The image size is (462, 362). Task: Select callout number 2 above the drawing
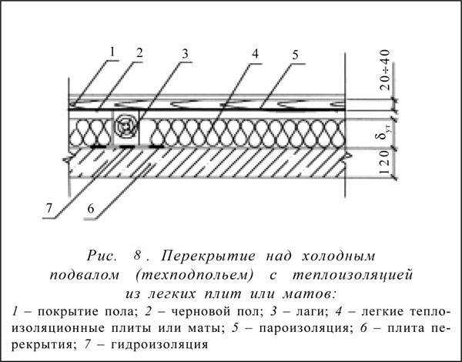point(139,53)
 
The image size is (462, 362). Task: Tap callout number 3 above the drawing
point(185,54)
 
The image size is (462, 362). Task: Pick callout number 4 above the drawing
point(255,54)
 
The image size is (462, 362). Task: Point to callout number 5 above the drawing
point(295,55)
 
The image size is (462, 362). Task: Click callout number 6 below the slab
point(91,209)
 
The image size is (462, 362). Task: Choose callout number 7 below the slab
point(49,209)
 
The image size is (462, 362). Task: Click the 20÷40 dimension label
point(385,70)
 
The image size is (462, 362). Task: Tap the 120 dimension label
point(385,163)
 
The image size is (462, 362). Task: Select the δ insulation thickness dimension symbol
point(386,132)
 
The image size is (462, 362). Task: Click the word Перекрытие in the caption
point(209,256)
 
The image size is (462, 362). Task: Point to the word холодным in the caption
point(338,256)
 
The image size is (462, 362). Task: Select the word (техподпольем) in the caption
point(195,276)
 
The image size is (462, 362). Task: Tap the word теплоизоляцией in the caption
point(352,276)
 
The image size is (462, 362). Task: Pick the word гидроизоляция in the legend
point(159,344)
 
